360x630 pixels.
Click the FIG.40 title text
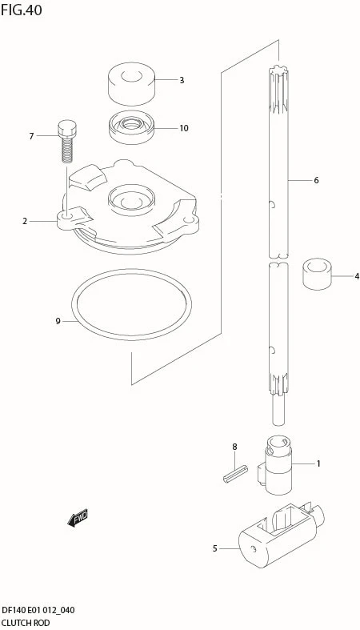[22, 10]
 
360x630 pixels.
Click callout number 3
[182, 80]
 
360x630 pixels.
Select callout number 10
[184, 128]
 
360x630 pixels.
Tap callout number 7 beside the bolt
[31, 137]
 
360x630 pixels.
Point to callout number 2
[25, 221]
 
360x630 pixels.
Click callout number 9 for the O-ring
[58, 322]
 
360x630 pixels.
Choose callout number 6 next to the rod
[316, 181]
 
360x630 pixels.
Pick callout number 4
[356, 276]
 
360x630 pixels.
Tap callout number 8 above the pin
[234, 447]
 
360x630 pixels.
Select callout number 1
[318, 463]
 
